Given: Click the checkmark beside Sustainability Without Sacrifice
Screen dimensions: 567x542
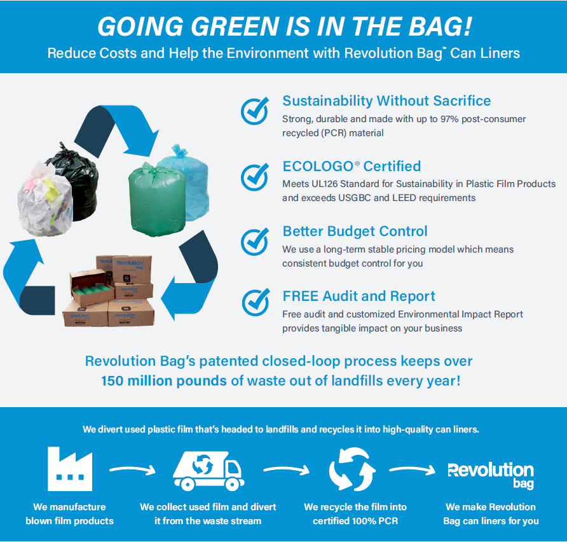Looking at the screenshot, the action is click(x=255, y=111).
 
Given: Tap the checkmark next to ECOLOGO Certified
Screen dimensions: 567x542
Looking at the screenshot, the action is click(x=255, y=177).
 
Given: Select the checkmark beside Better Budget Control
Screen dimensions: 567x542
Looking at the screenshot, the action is click(x=255, y=241).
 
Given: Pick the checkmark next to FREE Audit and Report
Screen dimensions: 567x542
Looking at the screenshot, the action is click(x=256, y=302).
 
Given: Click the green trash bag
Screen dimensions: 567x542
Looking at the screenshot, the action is click(x=157, y=200).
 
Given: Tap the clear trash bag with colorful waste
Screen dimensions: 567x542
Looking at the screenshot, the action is click(x=45, y=200).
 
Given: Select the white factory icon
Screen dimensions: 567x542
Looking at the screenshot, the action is click(x=70, y=469).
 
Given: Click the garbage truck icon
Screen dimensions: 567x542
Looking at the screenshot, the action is click(x=208, y=471).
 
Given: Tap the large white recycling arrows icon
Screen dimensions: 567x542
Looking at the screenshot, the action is click(x=352, y=469).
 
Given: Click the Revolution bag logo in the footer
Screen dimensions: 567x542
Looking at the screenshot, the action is click(x=491, y=475).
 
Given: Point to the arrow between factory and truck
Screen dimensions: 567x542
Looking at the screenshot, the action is click(x=133, y=469).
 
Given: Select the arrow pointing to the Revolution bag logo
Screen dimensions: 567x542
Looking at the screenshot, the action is click(x=413, y=469).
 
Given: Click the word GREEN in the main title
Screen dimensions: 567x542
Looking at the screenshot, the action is click(x=235, y=27).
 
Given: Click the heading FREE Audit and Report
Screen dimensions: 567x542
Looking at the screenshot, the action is click(x=359, y=296).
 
